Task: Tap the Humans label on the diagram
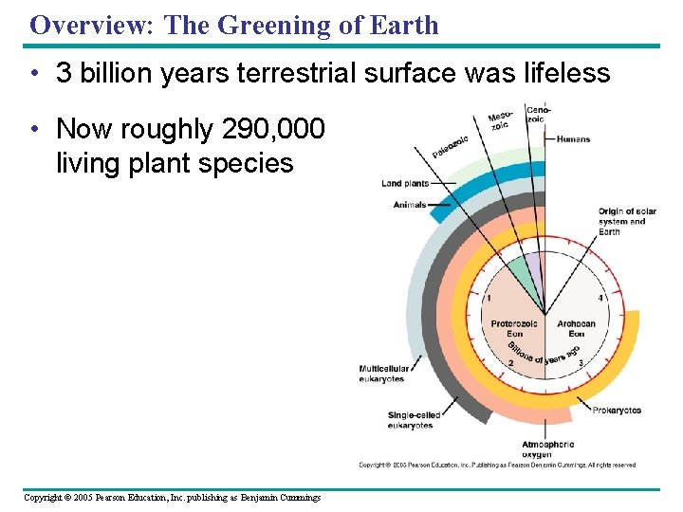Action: (573, 139)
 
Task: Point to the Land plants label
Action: (404, 183)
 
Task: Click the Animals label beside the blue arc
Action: (409, 205)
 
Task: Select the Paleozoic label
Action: (450, 147)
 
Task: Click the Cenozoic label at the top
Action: (537, 114)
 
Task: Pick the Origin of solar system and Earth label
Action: (621, 221)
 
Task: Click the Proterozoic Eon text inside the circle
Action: (513, 328)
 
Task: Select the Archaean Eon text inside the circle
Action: (576, 328)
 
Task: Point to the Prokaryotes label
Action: (617, 411)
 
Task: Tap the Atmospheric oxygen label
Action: (547, 449)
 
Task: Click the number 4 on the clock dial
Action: (600, 299)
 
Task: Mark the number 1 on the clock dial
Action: (489, 299)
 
